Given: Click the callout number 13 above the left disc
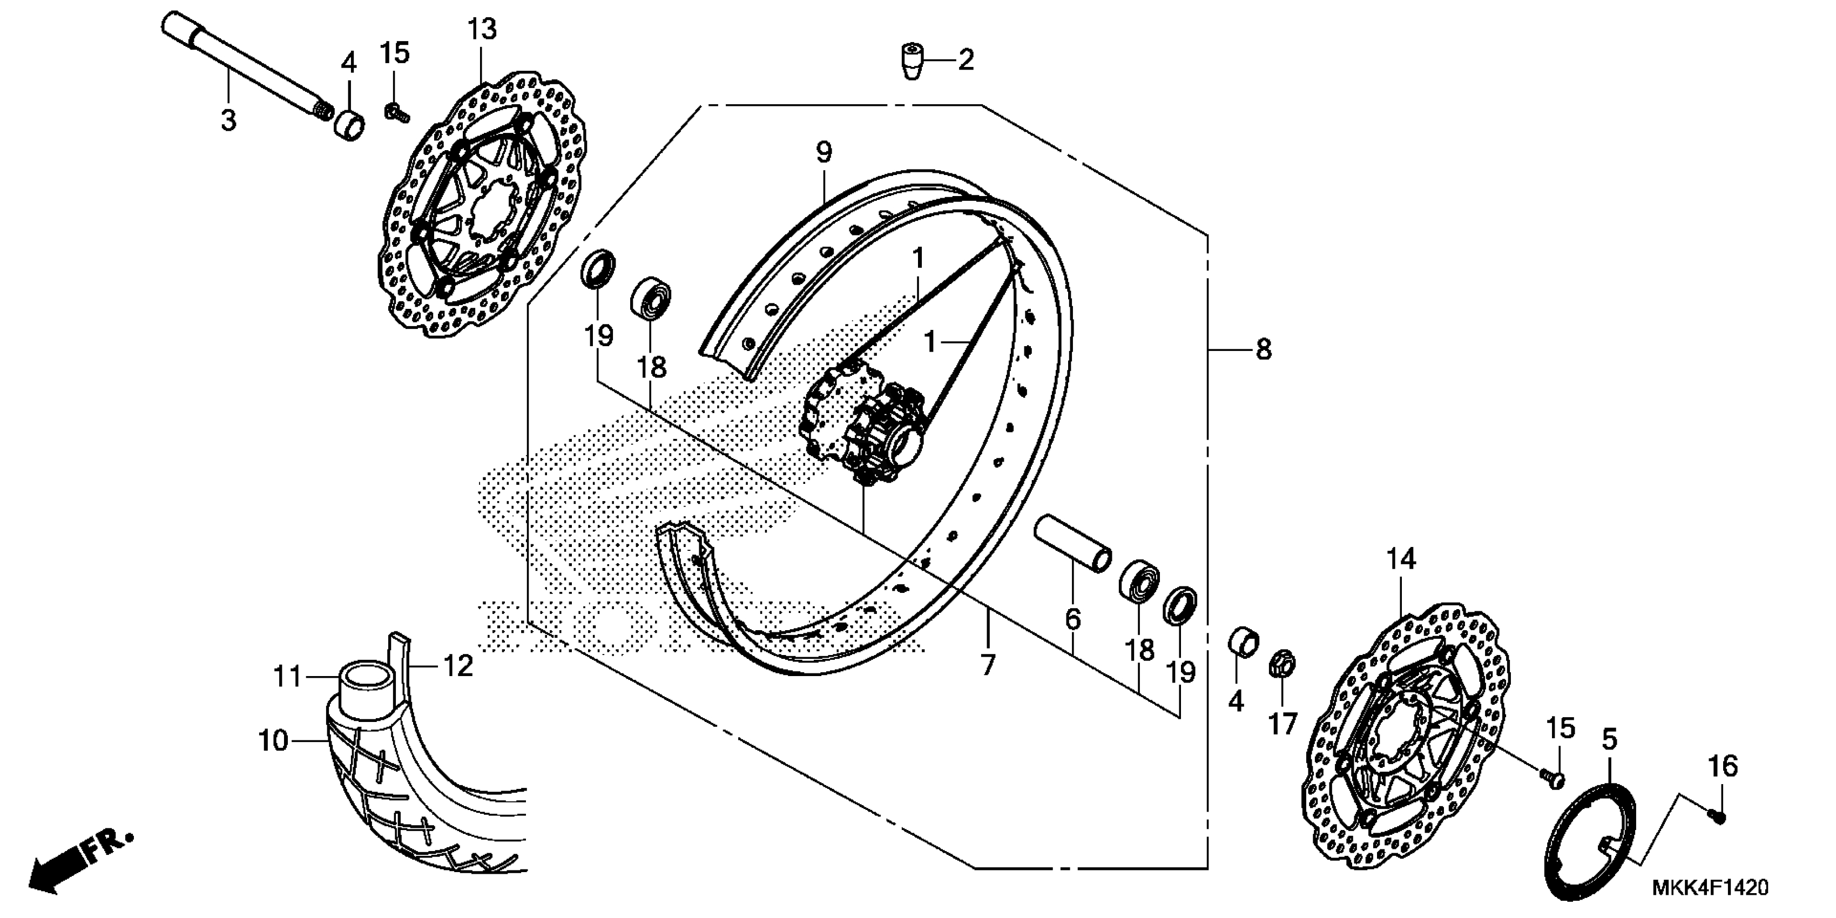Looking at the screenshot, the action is [x=482, y=30].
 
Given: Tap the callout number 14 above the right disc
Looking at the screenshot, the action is [x=1401, y=559].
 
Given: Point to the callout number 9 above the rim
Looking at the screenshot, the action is [x=824, y=152].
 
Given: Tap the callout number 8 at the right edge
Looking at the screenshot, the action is [x=1263, y=350].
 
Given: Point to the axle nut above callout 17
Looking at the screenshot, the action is [x=1281, y=664].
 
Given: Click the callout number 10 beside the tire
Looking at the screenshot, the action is [x=274, y=741].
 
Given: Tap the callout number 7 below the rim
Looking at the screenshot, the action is [x=987, y=665].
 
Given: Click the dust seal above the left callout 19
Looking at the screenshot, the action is [x=599, y=268].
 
